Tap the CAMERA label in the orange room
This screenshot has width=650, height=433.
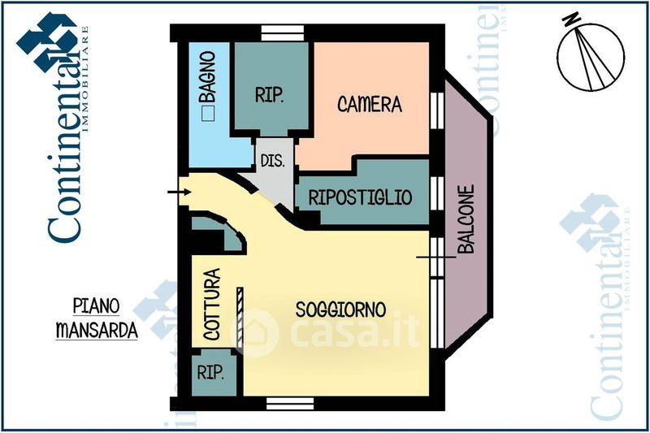click(x=370, y=104)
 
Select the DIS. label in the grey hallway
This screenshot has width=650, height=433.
click(x=273, y=161)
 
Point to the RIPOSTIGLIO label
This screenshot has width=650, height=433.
click(x=360, y=197)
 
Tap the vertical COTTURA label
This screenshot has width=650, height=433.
click(x=211, y=304)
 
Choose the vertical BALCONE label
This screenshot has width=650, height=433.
click(x=466, y=221)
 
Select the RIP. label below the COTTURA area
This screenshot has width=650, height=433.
click(x=210, y=373)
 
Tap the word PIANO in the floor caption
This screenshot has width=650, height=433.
click(x=96, y=307)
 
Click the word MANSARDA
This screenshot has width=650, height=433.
click(x=96, y=331)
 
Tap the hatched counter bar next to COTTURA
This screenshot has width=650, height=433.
click(x=240, y=316)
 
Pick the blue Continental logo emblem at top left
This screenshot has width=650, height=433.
click(x=48, y=41)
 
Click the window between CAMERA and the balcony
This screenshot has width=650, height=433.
click(x=437, y=106)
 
